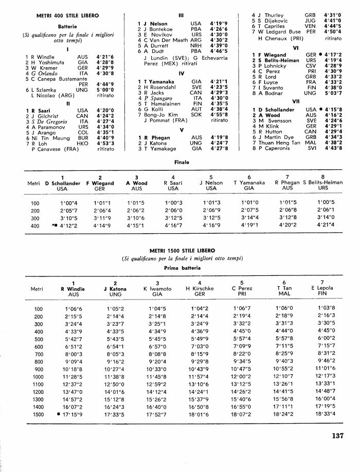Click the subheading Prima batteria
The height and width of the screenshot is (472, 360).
pyautogui.click(x=180, y=268)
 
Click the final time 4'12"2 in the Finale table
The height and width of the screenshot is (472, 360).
pyautogui.click(x=65, y=225)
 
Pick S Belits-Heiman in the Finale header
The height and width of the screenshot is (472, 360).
pyautogui.click(x=323, y=182)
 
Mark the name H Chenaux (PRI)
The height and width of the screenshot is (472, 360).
pyautogui.click(x=281, y=38)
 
